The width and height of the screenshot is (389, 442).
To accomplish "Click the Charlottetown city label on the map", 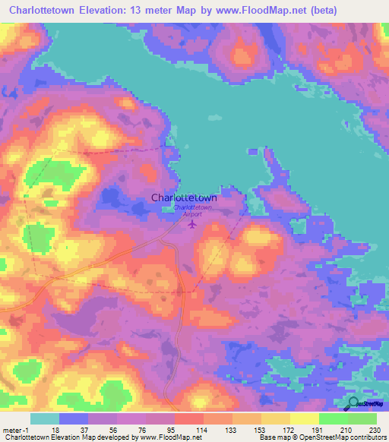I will tap(189, 198).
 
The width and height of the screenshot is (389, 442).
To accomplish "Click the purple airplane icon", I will tap(192, 224).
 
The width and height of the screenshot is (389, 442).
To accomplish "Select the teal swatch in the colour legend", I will tap(45, 418).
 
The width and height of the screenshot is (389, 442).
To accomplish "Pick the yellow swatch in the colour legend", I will tap(305, 418).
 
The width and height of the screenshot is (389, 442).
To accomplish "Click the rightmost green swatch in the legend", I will tap(362, 418).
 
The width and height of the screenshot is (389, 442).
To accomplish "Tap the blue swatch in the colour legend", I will tap(74, 418).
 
